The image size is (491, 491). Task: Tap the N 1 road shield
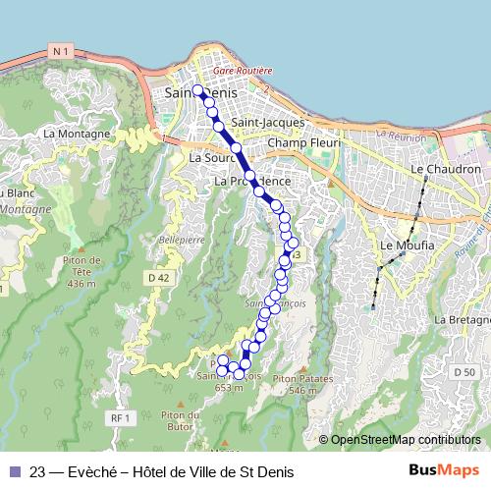[61, 51]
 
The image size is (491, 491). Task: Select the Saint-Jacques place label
[274, 123]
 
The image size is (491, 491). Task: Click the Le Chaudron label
[446, 169]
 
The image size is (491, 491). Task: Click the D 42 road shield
[159, 278]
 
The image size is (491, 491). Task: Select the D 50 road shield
[464, 372]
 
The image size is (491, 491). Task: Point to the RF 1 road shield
[121, 418]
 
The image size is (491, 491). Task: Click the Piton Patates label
[300, 378]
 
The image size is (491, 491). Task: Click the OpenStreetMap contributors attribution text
[406, 440]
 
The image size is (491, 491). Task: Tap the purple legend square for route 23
[14, 470]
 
